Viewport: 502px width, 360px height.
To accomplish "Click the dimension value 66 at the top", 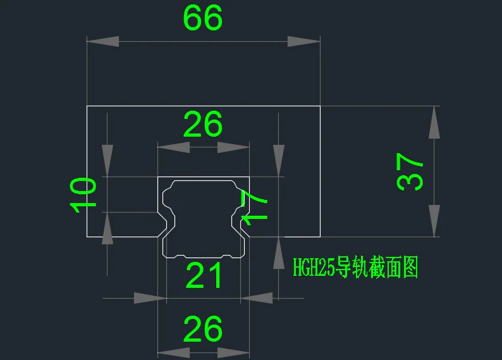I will (203, 18).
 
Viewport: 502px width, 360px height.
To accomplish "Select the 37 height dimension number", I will (410, 172).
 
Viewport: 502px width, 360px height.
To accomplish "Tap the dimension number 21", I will (204, 276).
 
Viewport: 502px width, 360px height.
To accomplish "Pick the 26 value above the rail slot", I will (203, 125).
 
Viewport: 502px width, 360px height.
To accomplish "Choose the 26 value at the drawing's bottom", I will (203, 329).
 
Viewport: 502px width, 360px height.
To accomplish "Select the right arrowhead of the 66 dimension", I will (303, 41).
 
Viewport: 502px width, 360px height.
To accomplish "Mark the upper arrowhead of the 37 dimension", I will (434, 122).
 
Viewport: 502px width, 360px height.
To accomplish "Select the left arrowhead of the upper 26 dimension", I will (174, 147).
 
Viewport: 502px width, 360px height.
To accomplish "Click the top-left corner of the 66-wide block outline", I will (87, 106).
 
